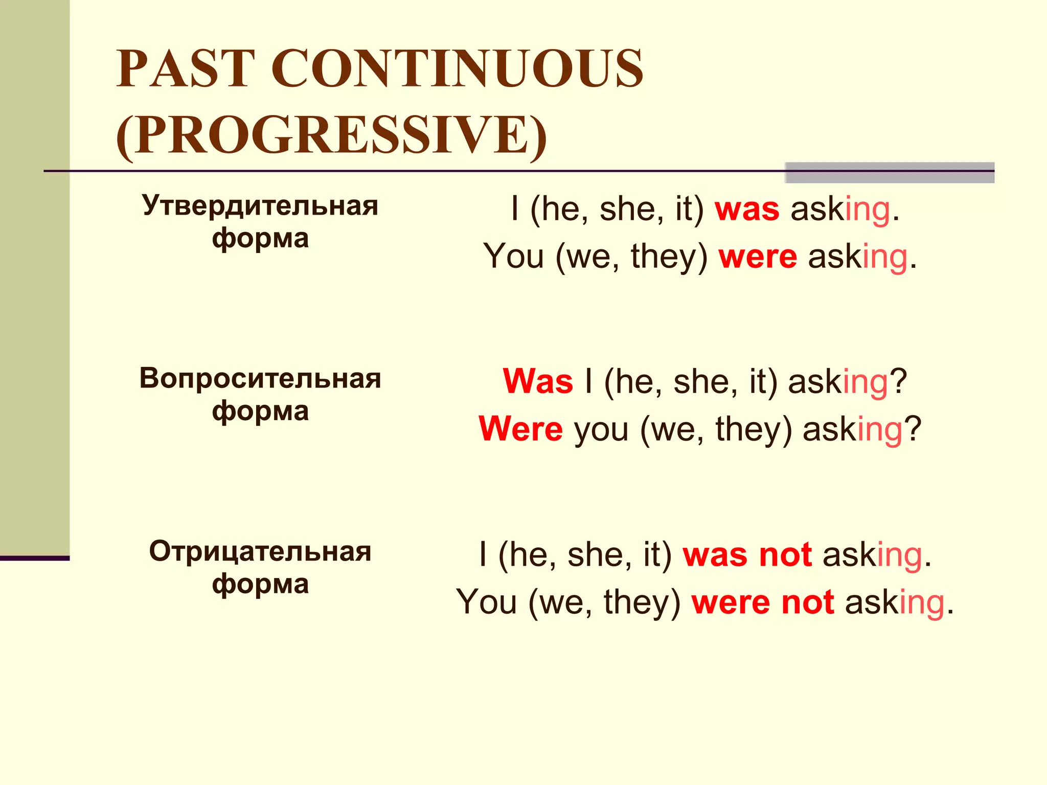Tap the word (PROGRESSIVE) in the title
[331, 134]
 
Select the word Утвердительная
[260, 205]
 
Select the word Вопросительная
[260, 379]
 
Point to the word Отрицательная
[260, 551]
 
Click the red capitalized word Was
[538, 382]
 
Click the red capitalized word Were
[521, 429]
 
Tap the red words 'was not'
[747, 555]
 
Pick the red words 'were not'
[763, 602]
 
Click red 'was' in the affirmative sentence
[747, 210]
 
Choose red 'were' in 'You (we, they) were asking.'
[758, 257]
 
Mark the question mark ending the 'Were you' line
[913, 428]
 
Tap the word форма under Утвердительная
[260, 239]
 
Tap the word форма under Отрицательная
[260, 584]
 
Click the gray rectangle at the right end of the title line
[889, 173]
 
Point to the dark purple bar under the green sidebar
[34, 558]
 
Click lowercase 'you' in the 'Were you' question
[601, 430]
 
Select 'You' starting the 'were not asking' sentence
[486, 602]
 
